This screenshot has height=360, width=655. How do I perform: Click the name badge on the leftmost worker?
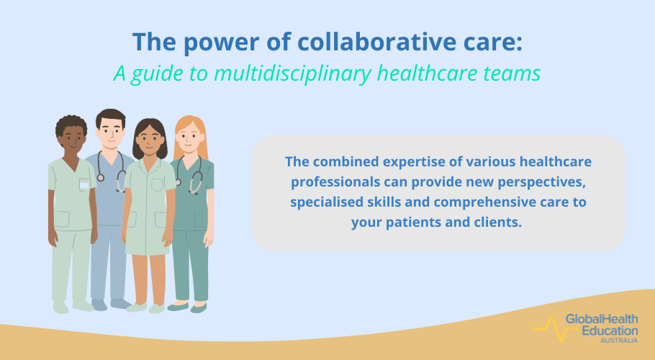click(x=84, y=185)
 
